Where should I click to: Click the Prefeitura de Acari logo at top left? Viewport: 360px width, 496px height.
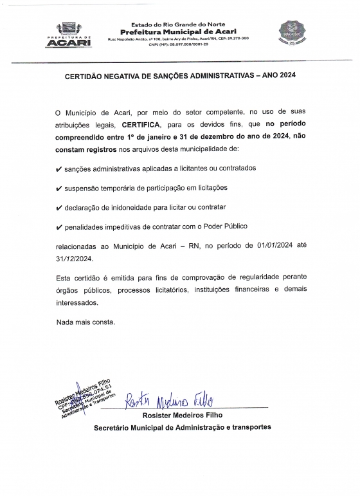click(66, 33)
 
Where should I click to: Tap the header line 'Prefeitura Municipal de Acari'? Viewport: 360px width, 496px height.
click(178, 32)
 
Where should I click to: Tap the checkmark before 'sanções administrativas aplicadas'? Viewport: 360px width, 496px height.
click(59, 169)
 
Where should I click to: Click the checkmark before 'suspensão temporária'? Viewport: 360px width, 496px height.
click(59, 188)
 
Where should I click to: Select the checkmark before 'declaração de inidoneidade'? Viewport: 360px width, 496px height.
click(59, 208)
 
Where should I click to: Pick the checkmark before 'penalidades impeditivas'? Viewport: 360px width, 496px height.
click(59, 228)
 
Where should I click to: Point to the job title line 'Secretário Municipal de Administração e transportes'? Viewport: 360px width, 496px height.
click(183, 427)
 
